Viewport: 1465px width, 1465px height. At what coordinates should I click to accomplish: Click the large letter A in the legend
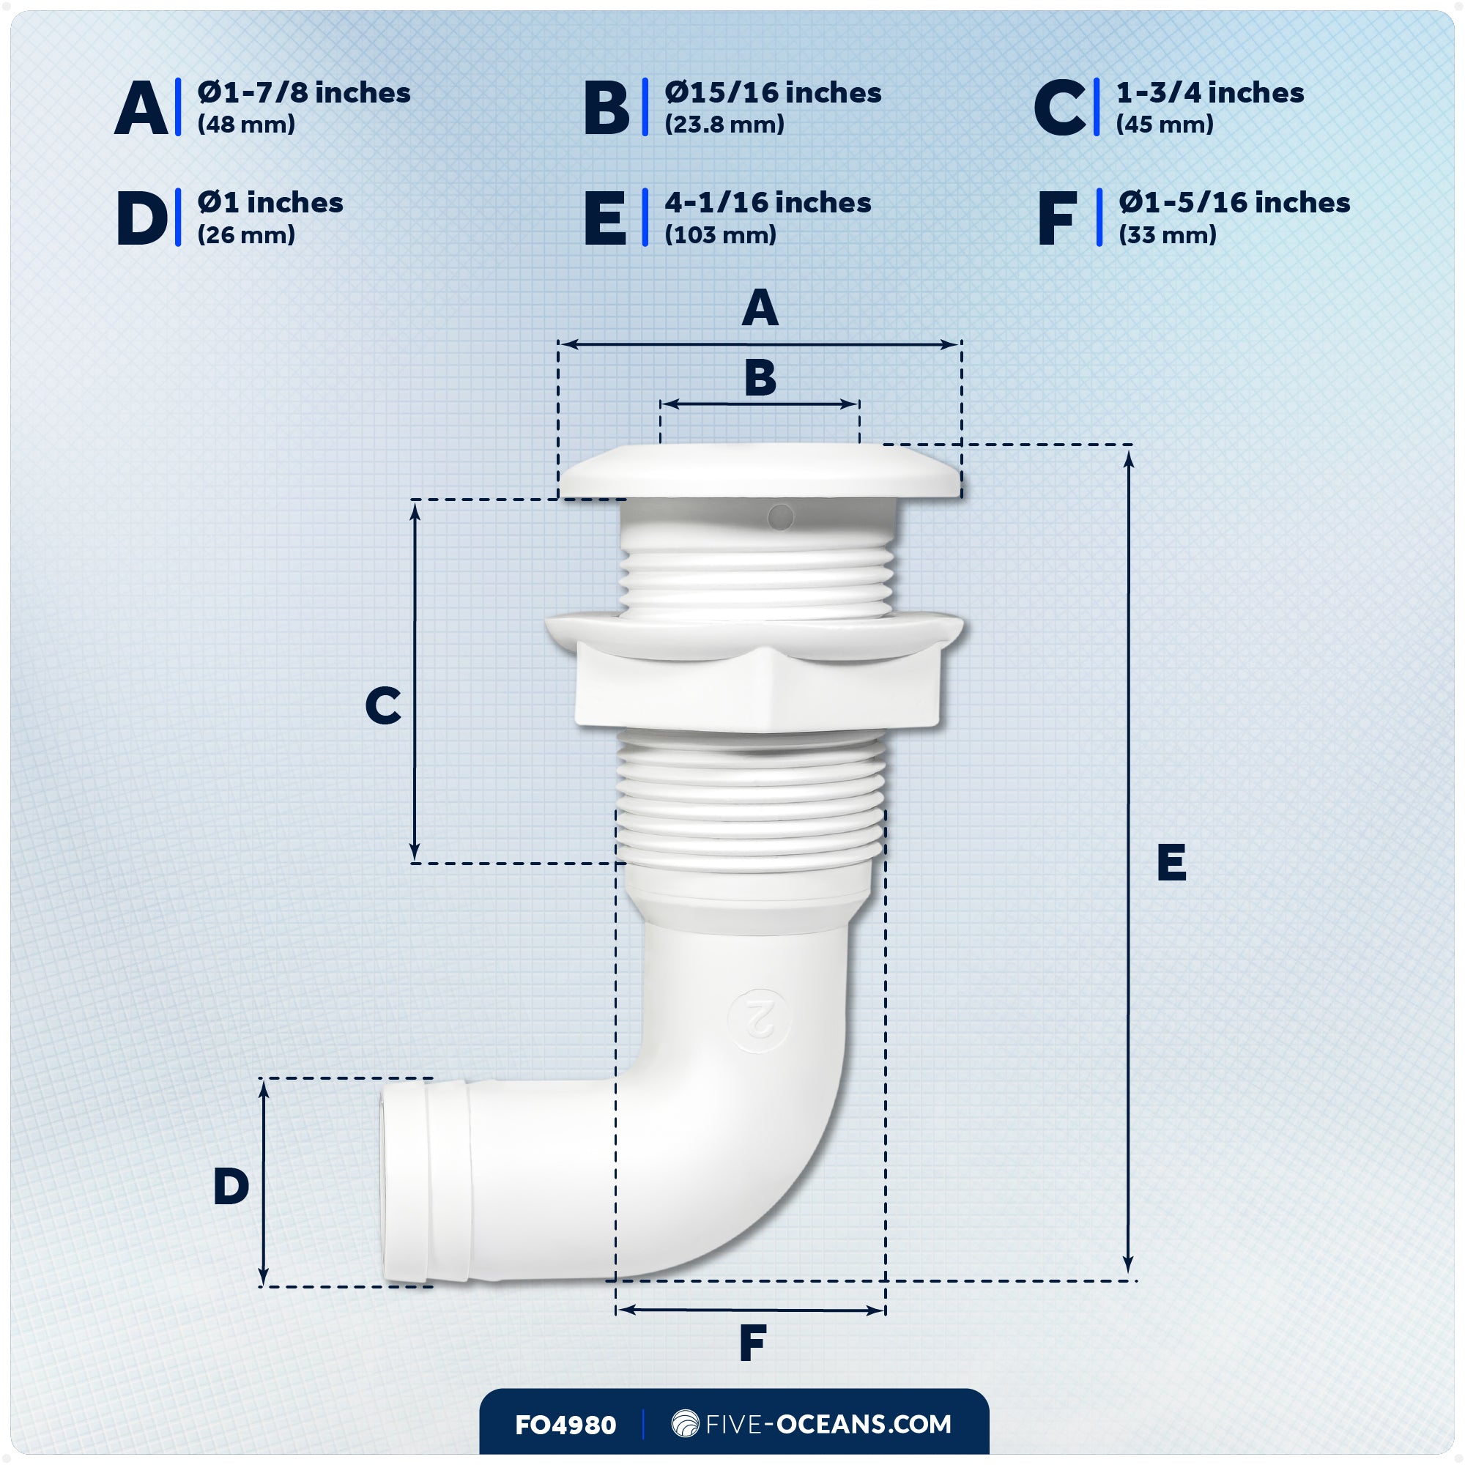click(x=141, y=109)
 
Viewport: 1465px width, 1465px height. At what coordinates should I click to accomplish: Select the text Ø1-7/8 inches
click(x=303, y=92)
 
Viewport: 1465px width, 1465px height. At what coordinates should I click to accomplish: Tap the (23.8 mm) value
click(x=724, y=125)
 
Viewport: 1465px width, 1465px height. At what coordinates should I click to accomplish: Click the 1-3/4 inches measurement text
click(x=1209, y=92)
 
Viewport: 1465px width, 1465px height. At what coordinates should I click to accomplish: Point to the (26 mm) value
click(x=245, y=235)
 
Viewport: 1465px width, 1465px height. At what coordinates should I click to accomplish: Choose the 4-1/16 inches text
click(x=768, y=202)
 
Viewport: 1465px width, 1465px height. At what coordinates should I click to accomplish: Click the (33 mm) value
click(x=1167, y=235)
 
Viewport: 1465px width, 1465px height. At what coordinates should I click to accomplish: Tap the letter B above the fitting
click(x=760, y=378)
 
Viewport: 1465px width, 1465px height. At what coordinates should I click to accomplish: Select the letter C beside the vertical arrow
click(x=383, y=706)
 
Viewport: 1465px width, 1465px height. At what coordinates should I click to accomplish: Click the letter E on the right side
click(x=1171, y=863)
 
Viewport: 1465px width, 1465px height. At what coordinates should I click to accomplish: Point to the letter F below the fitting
click(x=752, y=1343)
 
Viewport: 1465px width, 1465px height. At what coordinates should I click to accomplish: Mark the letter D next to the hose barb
click(x=231, y=1187)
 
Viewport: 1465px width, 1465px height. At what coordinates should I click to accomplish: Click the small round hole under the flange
click(x=780, y=518)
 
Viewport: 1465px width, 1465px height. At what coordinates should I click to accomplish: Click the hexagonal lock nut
click(x=757, y=686)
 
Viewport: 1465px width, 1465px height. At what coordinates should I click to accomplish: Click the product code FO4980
click(x=565, y=1425)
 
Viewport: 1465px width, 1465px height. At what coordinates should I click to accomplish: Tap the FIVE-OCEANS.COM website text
click(x=827, y=1424)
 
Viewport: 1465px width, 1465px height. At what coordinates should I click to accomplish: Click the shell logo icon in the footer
click(x=685, y=1423)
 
